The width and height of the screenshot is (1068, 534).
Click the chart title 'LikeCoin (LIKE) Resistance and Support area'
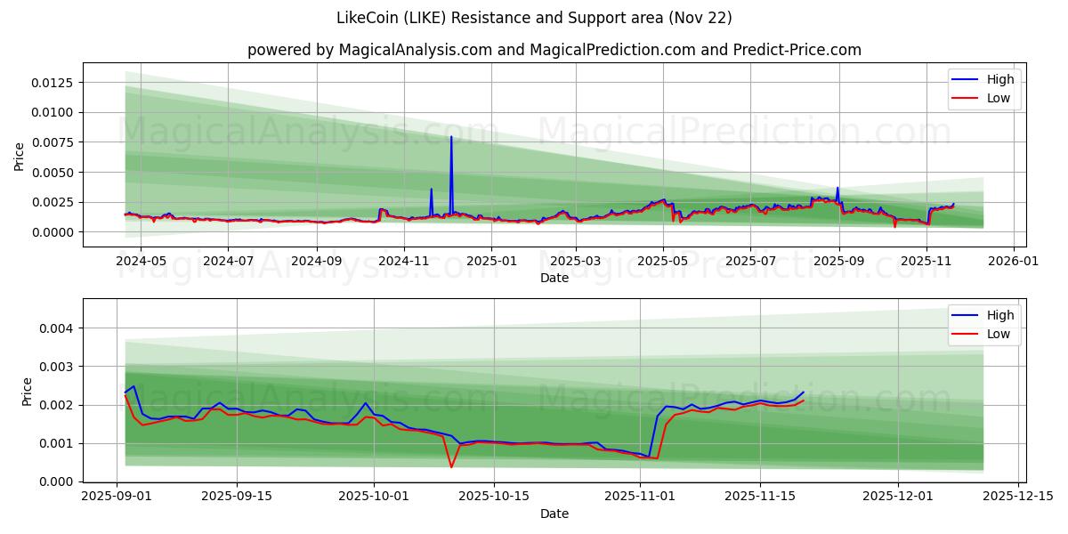534,18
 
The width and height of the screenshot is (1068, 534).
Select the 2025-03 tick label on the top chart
576,262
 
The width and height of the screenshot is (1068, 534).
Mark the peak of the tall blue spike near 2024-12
451,136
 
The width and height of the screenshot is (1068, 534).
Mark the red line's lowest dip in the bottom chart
451,467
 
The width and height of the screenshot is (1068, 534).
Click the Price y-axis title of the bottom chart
28,392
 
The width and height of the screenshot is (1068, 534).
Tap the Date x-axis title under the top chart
554,278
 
